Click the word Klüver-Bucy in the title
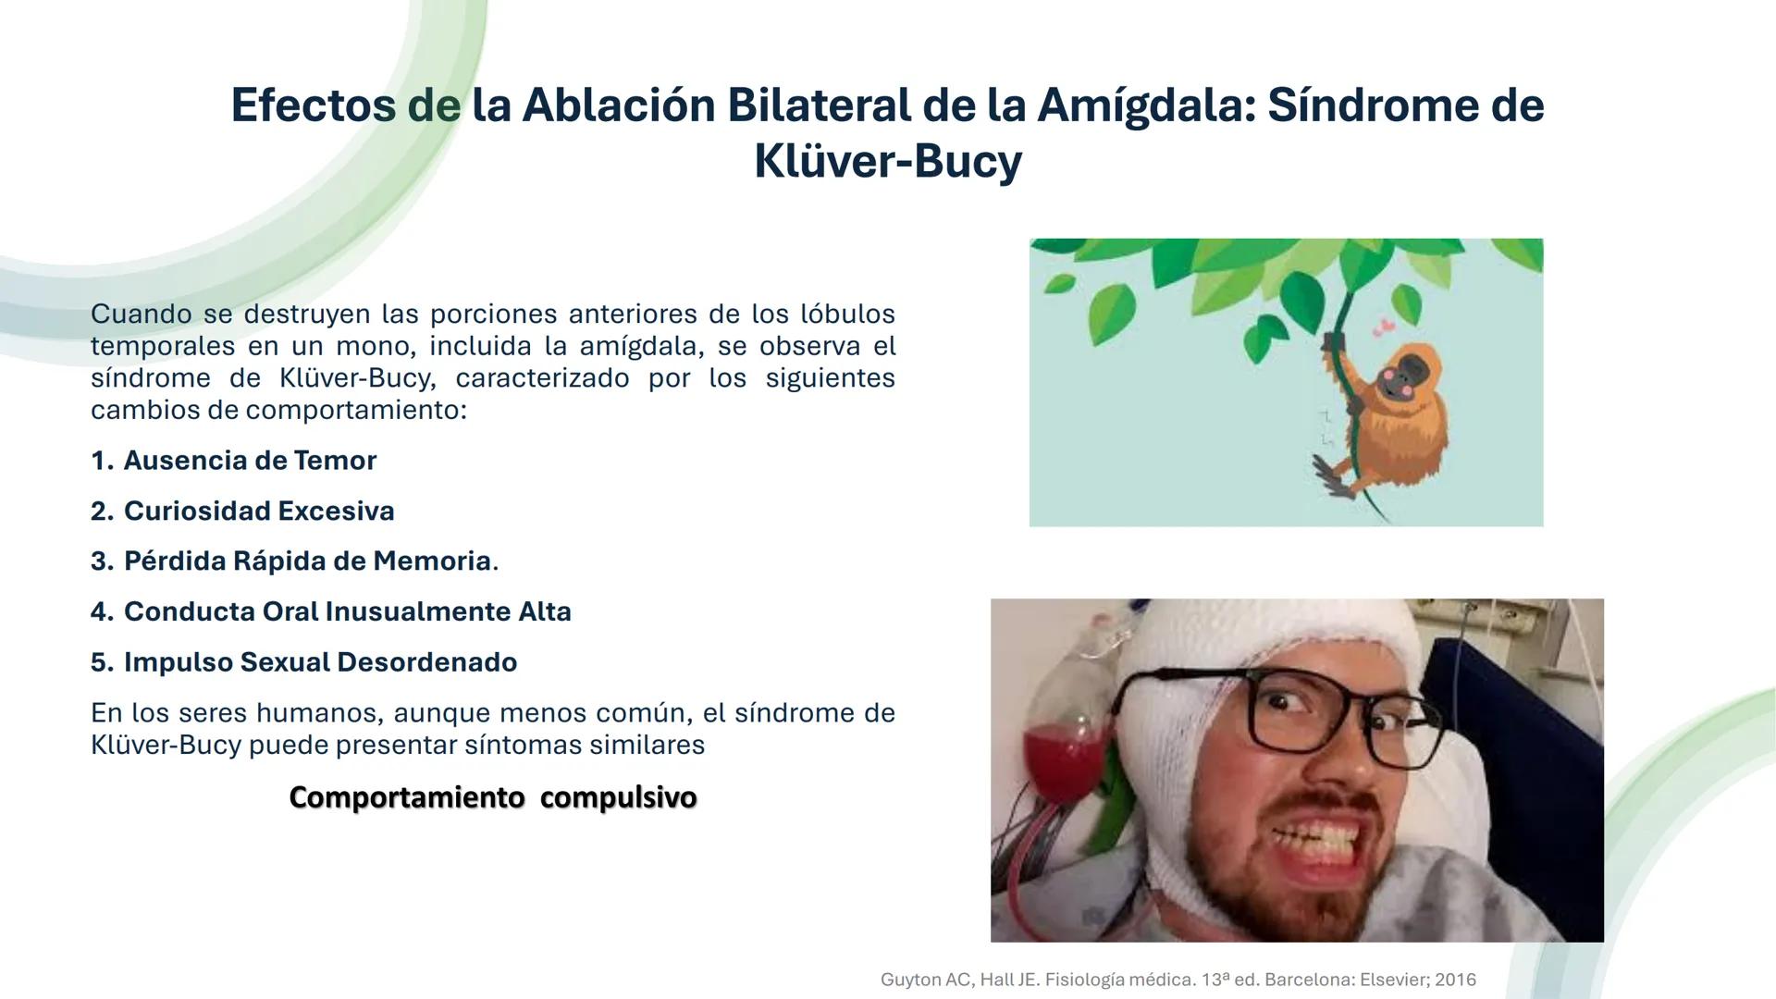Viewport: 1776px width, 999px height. click(888, 162)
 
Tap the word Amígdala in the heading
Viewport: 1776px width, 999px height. click(1145, 106)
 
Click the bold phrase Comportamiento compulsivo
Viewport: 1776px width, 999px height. click(493, 797)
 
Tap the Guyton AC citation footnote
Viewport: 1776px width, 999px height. click(1178, 980)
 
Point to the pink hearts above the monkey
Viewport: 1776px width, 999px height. click(1385, 327)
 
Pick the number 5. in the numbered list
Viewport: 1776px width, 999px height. click(102, 662)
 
